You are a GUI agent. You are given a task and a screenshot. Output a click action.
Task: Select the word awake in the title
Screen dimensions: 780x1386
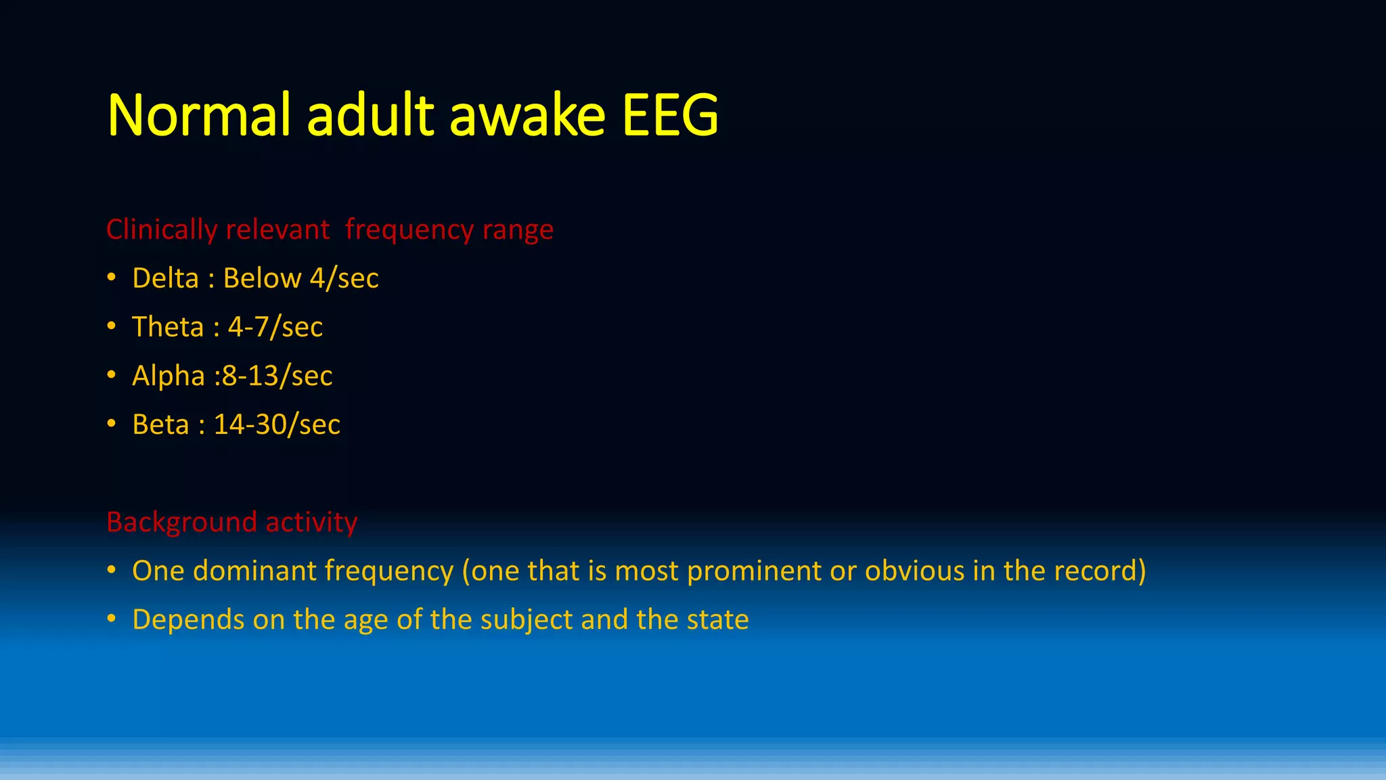point(527,115)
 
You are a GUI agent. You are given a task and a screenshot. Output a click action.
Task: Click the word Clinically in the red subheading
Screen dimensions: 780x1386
point(161,230)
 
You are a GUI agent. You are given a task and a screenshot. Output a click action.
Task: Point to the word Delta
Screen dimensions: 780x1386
point(165,278)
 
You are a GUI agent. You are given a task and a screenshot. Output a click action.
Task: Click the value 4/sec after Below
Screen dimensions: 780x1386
point(344,278)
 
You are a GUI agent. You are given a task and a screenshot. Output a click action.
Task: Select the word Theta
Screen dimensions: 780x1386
point(167,327)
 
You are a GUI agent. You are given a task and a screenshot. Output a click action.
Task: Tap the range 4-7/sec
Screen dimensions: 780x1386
point(275,327)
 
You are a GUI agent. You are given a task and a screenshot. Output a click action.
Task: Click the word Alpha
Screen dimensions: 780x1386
point(168,376)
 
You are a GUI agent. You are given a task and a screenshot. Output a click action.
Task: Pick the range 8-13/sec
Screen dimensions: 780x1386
point(277,376)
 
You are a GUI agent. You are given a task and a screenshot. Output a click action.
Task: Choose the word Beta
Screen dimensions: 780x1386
point(160,425)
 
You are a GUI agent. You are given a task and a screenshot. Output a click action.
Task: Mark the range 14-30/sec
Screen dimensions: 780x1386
point(277,425)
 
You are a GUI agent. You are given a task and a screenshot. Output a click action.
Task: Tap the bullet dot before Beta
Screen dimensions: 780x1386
point(112,425)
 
